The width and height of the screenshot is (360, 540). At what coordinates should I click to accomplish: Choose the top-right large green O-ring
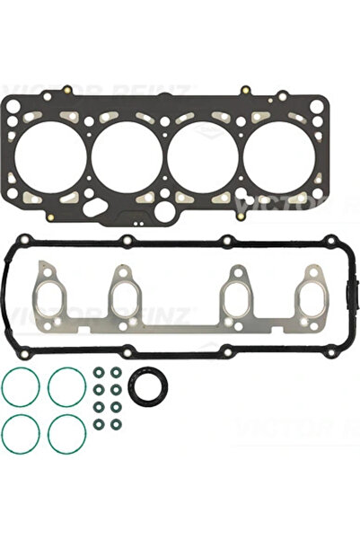(66, 388)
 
